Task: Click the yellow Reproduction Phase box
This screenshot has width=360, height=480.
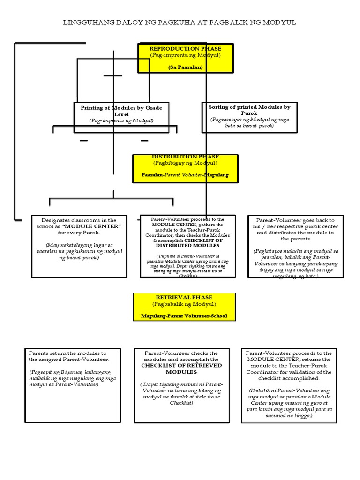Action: pyautogui.click(x=185, y=58)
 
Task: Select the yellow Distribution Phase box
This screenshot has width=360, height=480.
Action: pyautogui.click(x=185, y=168)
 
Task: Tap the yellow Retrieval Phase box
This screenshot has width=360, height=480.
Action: pyautogui.click(x=184, y=307)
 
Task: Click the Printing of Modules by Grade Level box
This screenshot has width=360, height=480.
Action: pyautogui.click(x=121, y=114)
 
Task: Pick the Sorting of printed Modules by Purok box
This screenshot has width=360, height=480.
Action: pyautogui.click(x=249, y=116)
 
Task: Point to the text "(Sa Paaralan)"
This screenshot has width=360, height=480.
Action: pyautogui.click(x=185, y=67)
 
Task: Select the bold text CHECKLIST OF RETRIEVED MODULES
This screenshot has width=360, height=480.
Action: pyautogui.click(x=181, y=368)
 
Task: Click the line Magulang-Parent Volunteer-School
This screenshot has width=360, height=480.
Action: pyautogui.click(x=184, y=316)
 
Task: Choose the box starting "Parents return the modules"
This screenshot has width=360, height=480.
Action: pyautogui.click(x=72, y=385)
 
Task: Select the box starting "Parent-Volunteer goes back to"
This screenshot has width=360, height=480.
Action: pyautogui.click(x=295, y=246)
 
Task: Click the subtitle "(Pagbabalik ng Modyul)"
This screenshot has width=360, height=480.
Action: pyautogui.click(x=184, y=304)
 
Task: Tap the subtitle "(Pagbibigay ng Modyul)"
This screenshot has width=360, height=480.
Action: pyautogui.click(x=185, y=163)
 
